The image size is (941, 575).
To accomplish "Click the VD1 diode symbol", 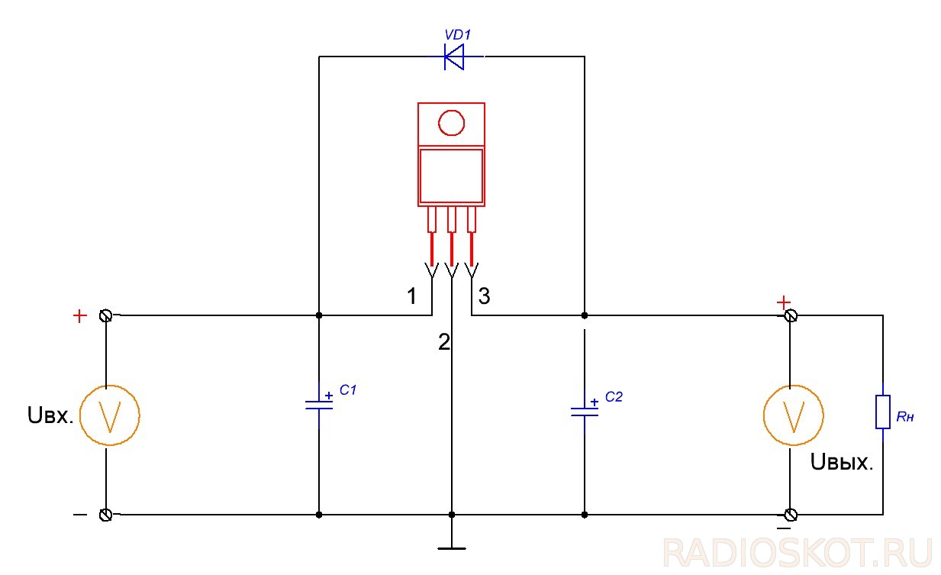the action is [454, 57].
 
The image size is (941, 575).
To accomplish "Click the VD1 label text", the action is [457, 34].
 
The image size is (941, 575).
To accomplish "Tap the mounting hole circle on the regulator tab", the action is [451, 123].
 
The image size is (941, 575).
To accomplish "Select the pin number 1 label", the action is [412, 296].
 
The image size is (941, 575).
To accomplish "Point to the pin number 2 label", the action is [443, 342].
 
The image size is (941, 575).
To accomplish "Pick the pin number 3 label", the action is [484, 296].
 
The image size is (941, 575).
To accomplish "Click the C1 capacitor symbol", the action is [319, 405].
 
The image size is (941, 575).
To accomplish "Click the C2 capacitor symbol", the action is [585, 412].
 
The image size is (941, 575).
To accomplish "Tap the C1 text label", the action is [348, 390].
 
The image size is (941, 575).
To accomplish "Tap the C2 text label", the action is [614, 397].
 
